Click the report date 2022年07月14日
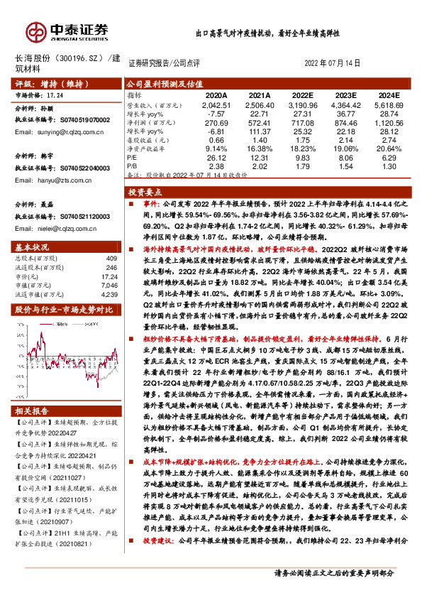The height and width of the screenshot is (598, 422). (333, 63)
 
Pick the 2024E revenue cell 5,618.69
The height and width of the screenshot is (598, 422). (388, 104)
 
